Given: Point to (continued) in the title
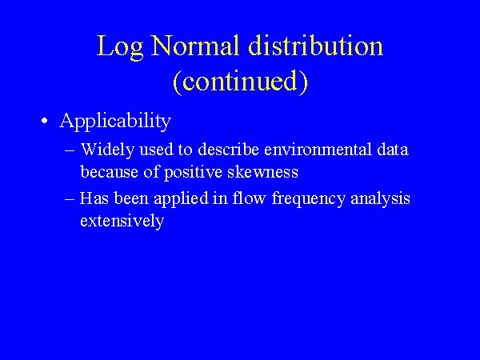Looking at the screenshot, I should pos(240,82).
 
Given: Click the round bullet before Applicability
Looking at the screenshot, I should pos(46,122).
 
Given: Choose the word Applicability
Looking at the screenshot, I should pos(115,121).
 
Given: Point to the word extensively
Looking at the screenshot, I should pos(122,221).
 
